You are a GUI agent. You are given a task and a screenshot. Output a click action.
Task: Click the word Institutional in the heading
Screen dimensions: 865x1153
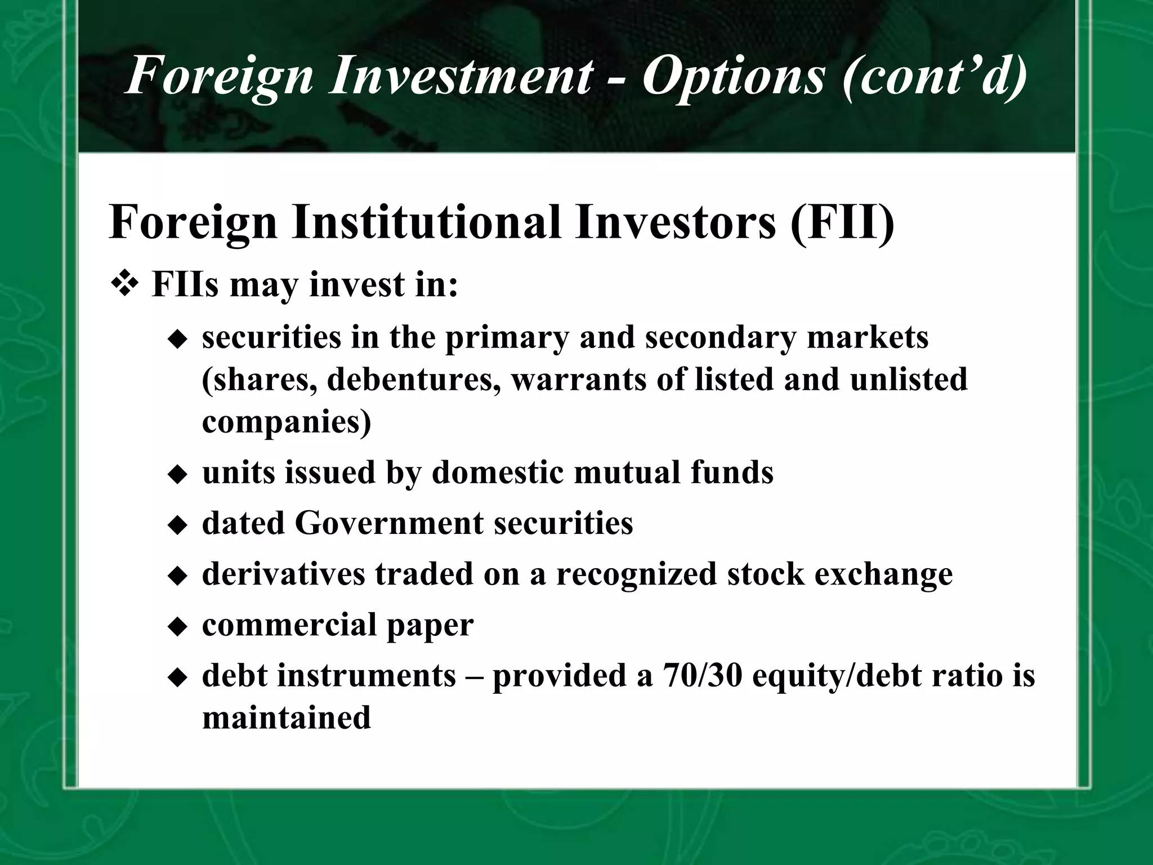pyautogui.click(x=426, y=223)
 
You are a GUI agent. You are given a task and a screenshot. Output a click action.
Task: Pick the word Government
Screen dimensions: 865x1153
pyautogui.click(x=388, y=523)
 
